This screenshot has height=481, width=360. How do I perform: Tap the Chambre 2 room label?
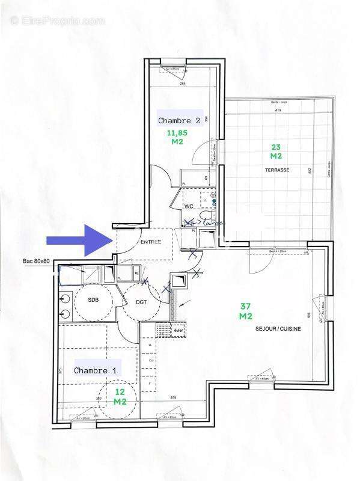pyautogui.click(x=183, y=120)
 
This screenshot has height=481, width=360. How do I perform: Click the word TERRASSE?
pyautogui.click(x=277, y=170)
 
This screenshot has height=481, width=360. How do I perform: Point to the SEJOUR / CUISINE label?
pyautogui.click(x=278, y=329)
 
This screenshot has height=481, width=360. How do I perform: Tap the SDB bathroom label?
pyautogui.click(x=93, y=299)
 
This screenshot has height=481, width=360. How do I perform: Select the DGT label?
pyautogui.click(x=142, y=302)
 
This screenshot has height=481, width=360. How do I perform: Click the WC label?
pyautogui.click(x=189, y=206)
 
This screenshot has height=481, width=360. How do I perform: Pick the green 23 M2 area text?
pyautogui.click(x=275, y=151)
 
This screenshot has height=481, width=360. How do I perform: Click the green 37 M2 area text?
pyautogui.click(x=245, y=311)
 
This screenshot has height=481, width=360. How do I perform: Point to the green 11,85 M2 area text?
pyautogui.click(x=177, y=137)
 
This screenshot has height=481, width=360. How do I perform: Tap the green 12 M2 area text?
pyautogui.click(x=120, y=396)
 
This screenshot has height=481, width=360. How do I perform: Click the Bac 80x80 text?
pyautogui.click(x=35, y=262)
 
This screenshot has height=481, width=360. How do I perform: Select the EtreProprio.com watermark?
pyautogui.click(x=58, y=20)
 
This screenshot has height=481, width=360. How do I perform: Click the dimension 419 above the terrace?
pyautogui.click(x=278, y=110)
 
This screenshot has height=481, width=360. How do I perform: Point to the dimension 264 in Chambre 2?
pyautogui.click(x=183, y=84)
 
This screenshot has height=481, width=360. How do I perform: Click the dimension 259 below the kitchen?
pyautogui.click(x=172, y=398)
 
